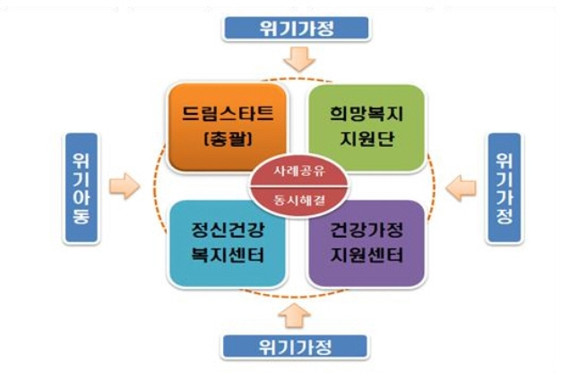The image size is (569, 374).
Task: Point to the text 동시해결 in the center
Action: click(x=292, y=197)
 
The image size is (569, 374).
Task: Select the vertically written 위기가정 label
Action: click(x=504, y=187)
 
